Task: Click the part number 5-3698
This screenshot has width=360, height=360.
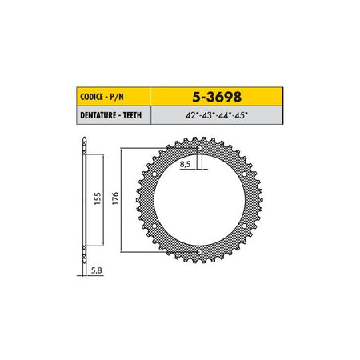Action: [217, 97]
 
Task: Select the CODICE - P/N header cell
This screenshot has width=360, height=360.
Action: [114, 97]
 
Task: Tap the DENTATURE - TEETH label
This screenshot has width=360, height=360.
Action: [110, 115]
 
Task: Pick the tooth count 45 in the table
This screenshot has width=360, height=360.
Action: [242, 115]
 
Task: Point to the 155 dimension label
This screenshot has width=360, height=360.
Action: [98, 198]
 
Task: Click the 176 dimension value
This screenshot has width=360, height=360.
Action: [115, 198]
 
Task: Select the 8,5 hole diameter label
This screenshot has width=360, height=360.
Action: [185, 164]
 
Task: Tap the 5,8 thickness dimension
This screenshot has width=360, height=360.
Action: [97, 270]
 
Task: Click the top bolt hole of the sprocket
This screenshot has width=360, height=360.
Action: [199, 148]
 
